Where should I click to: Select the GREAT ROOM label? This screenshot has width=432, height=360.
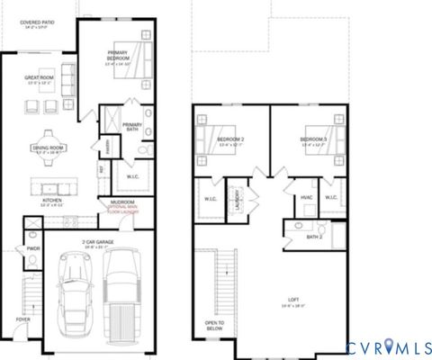[39, 79]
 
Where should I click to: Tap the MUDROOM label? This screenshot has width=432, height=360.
[122, 202]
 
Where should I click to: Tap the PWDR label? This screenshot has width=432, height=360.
[32, 249]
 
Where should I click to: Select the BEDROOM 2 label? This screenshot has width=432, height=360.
[230, 140]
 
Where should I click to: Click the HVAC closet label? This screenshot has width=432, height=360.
[305, 198]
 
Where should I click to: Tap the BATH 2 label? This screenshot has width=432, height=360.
[313, 237]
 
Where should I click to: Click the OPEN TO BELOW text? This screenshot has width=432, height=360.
[215, 326]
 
